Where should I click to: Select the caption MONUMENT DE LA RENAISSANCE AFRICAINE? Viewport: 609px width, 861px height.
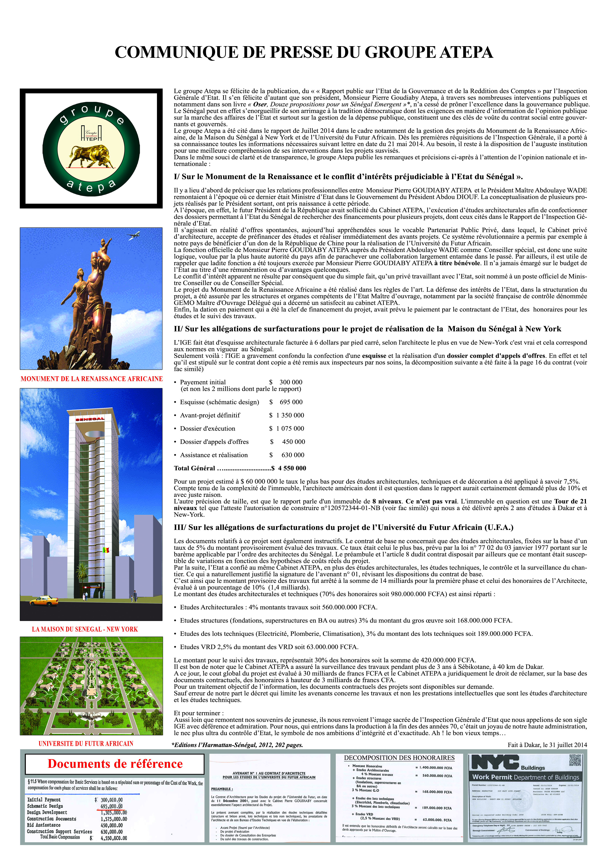pyautogui.click(x=91, y=379)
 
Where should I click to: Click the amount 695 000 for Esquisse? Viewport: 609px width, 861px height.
pyautogui.click(x=291, y=402)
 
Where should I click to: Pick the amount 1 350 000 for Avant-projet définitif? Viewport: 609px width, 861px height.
pyautogui.click(x=290, y=415)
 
